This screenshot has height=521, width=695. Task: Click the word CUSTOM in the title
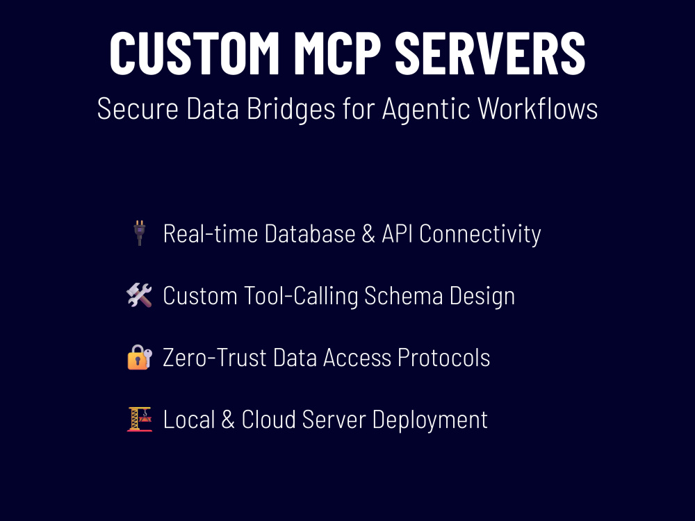[194, 53]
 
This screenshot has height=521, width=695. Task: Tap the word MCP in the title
[338, 53]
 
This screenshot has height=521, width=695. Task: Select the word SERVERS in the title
[490, 53]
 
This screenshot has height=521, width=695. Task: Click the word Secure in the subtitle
[138, 108]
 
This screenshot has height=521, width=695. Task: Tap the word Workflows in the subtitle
[538, 108]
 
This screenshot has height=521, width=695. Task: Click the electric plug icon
[140, 233]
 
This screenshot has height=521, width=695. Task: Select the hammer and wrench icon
[139, 295]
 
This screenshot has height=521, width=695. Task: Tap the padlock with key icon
[140, 357]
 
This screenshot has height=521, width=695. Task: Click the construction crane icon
[140, 419]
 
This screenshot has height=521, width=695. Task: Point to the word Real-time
[211, 233]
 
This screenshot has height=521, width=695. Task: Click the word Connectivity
[480, 234]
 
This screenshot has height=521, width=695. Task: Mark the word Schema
[403, 295]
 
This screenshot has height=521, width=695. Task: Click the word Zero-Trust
[215, 358]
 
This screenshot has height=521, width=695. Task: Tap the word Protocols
[443, 358]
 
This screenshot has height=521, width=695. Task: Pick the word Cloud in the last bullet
[268, 420]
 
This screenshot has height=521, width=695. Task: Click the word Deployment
[430, 420]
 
